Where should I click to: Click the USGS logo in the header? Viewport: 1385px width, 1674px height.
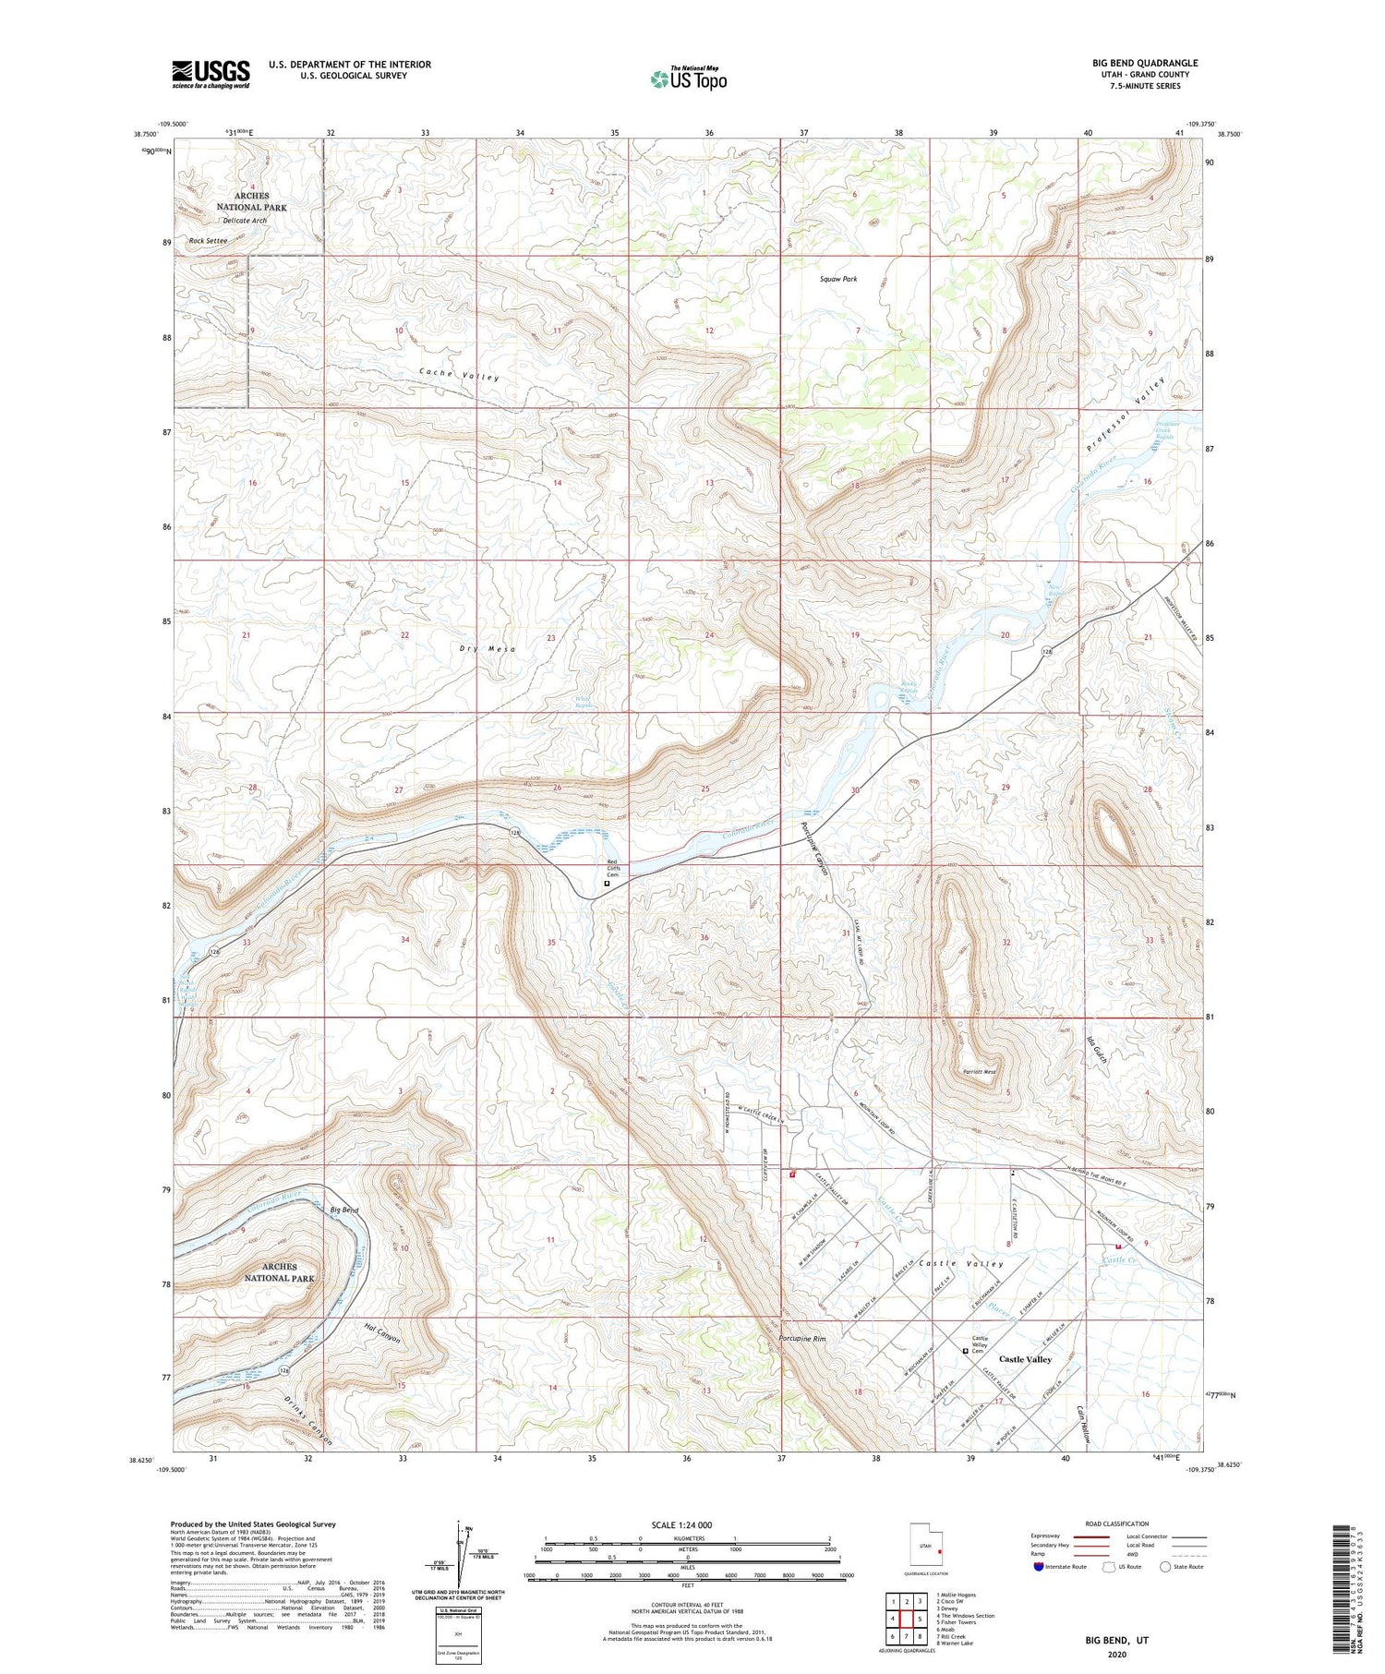(211, 74)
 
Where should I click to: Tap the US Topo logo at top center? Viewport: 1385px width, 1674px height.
(688, 79)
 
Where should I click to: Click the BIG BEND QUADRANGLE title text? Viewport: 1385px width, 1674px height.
(1145, 64)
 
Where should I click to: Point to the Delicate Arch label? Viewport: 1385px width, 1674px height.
(244, 222)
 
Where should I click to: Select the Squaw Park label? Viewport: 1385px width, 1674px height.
(838, 278)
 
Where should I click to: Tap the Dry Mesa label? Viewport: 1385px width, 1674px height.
(487, 649)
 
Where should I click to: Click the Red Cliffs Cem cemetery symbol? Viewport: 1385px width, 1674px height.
(607, 883)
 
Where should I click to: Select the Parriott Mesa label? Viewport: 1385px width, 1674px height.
(979, 1073)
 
